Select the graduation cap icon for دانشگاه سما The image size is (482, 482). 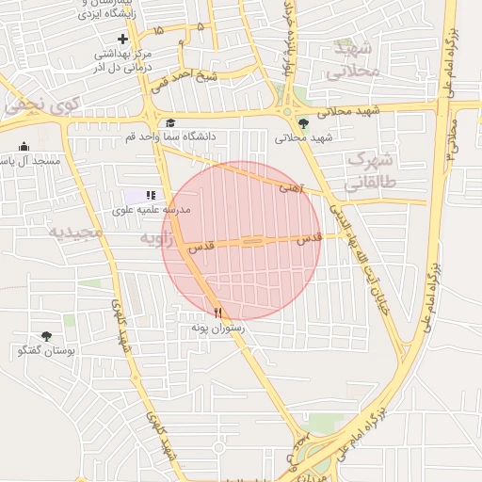tap(170, 122)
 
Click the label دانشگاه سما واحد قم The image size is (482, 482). tap(171, 137)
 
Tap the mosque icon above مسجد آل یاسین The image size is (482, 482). tap(24, 146)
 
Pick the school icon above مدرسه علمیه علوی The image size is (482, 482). tap(151, 195)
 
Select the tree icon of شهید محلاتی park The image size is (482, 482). tap(302, 122)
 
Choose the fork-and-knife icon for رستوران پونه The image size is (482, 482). tap(217, 312)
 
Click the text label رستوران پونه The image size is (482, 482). tap(217, 328)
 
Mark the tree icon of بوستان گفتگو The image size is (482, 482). tap(46, 336)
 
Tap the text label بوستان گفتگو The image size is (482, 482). tap(46, 351)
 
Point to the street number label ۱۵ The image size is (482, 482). tap(157, 31)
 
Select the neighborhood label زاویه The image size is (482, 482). tap(158, 239)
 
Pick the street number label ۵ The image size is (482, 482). tap(200, 27)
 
